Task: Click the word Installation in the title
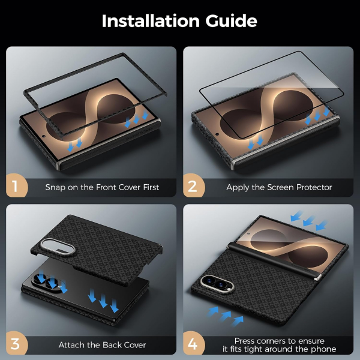(x=151, y=21)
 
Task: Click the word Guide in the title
(x=231, y=21)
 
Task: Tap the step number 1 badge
(x=17, y=185)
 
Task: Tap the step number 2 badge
(x=194, y=185)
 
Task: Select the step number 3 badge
(x=17, y=343)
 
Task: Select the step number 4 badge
(x=194, y=343)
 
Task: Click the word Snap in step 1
(x=55, y=188)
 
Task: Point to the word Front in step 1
(x=106, y=187)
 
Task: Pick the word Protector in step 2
(x=314, y=187)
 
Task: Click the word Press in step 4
(x=245, y=341)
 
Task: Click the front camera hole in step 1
(x=44, y=136)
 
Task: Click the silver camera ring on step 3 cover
(x=57, y=247)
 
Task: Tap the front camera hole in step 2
(x=217, y=134)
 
